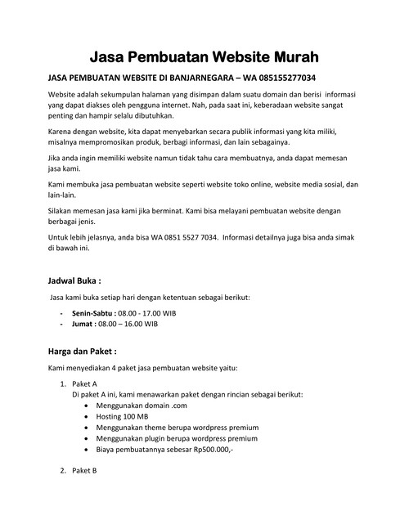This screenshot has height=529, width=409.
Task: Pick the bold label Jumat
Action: coord(83,324)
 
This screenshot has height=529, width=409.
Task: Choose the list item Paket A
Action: coord(84,383)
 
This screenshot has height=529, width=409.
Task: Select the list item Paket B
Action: coord(84,471)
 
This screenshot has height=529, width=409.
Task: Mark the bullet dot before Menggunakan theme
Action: coord(88,428)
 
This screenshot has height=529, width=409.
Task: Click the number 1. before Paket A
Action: coord(64,383)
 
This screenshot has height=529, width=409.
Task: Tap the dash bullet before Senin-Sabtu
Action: coord(62,313)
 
